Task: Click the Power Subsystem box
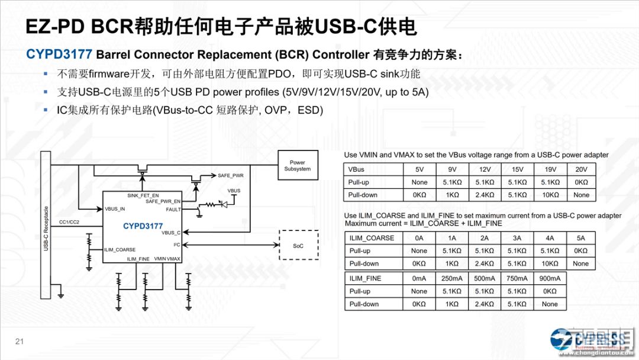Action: [297, 165]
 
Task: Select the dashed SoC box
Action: [298, 246]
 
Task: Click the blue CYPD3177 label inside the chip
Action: [143, 226]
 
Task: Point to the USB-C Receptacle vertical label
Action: [46, 229]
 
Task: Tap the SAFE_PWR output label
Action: [230, 176]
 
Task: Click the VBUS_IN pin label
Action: [115, 209]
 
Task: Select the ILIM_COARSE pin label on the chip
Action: [120, 250]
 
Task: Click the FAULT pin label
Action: [173, 210]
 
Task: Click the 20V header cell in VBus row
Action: [581, 169]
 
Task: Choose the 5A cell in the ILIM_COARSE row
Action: [581, 238]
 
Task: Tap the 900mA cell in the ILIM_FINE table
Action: [550, 278]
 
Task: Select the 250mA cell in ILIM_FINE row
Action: [452, 278]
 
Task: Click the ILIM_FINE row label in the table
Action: [365, 278]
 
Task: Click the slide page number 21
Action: [19, 341]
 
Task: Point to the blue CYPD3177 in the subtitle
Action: [59, 54]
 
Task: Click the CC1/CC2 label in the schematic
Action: [70, 222]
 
